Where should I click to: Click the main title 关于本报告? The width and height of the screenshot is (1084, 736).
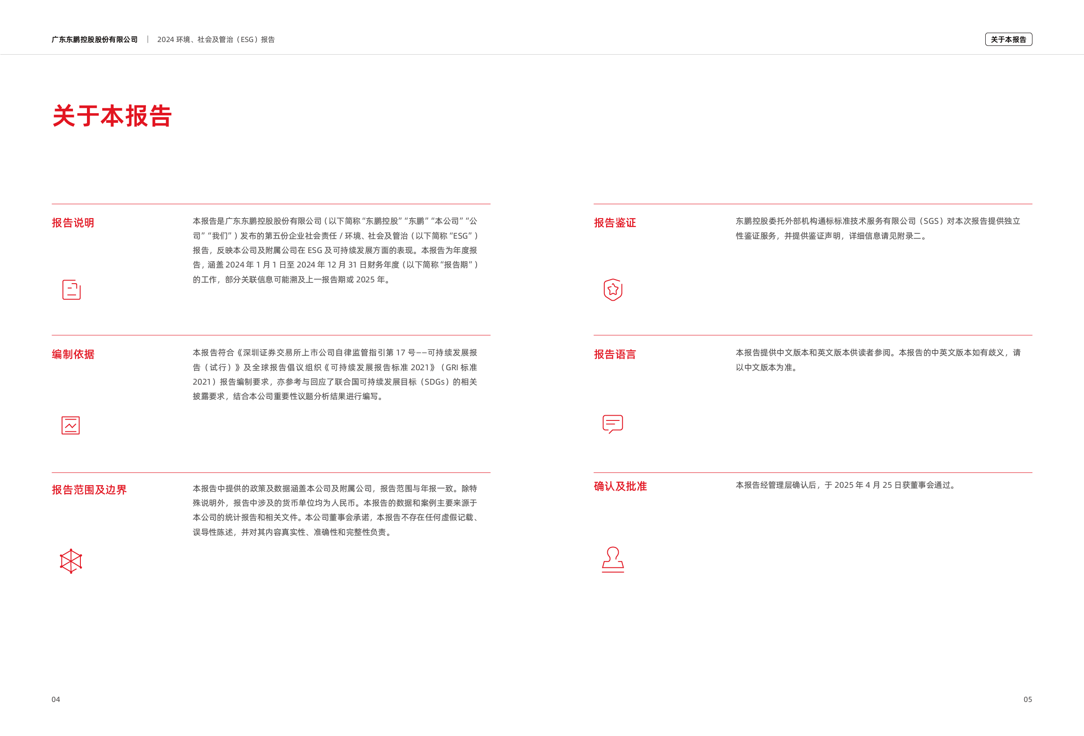(x=112, y=116)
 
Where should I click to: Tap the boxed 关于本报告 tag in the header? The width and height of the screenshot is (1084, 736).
(x=1008, y=39)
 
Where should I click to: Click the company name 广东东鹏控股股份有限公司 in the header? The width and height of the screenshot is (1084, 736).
(x=95, y=39)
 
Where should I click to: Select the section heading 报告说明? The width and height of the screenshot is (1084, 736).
(x=73, y=222)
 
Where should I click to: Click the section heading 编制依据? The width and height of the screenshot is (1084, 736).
(x=73, y=354)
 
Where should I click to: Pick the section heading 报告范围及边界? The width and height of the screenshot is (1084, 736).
(x=89, y=490)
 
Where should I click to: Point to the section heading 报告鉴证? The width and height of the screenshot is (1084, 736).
(x=615, y=222)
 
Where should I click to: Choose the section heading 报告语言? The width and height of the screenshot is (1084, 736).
(x=615, y=354)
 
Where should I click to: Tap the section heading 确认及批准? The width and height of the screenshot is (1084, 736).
(x=620, y=486)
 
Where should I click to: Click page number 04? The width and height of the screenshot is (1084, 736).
(x=55, y=699)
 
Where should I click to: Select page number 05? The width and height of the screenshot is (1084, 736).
(x=1028, y=699)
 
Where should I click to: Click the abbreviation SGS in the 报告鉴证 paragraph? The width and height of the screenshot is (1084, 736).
(x=931, y=221)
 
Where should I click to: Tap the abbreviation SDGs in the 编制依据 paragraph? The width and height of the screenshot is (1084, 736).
(x=435, y=382)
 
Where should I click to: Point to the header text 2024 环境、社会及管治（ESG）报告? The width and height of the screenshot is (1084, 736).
(x=216, y=39)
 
